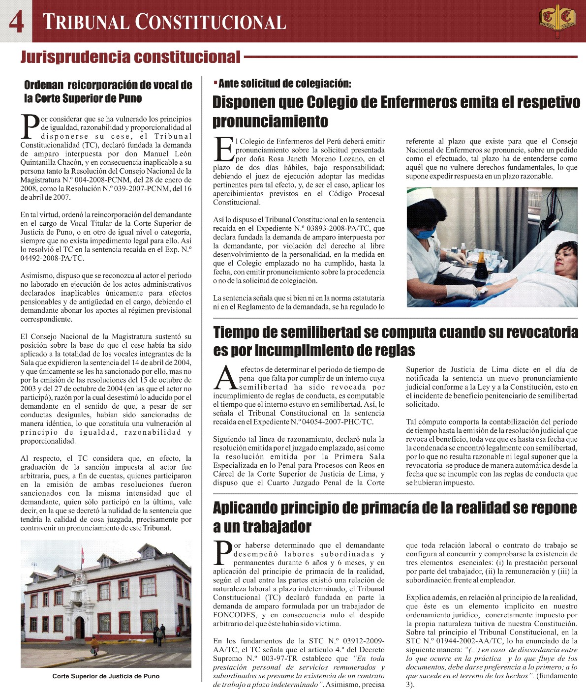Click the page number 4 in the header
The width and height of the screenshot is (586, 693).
(16, 21)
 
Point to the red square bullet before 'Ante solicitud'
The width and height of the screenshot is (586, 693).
(215, 83)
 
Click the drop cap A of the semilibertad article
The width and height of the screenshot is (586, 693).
(225, 378)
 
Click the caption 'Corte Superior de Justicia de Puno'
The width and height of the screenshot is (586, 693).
(106, 676)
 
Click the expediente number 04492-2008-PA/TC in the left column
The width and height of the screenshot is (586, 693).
(52, 258)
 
